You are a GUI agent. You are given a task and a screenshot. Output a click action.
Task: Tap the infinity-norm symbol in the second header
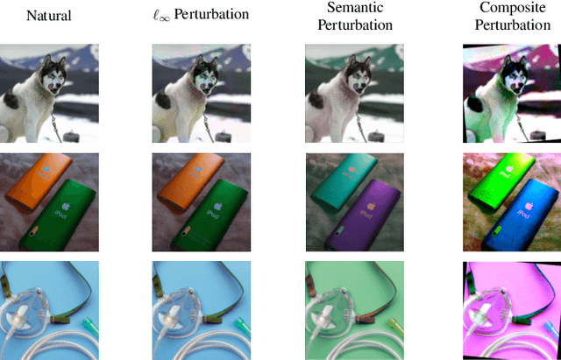coord(160,16)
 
